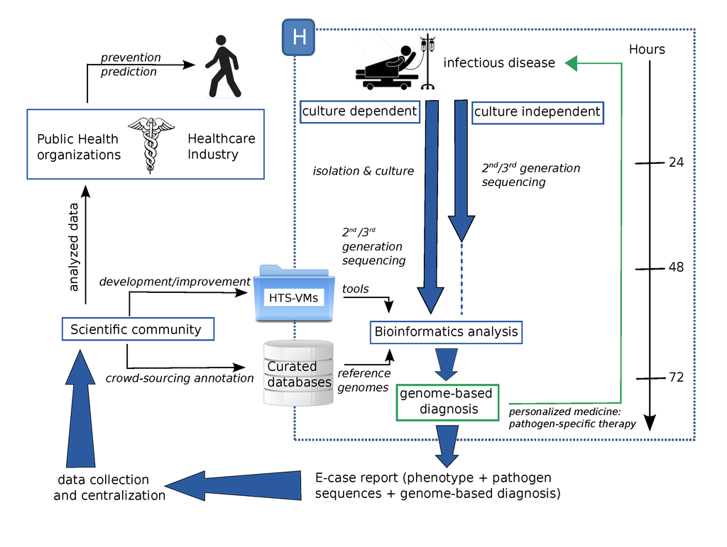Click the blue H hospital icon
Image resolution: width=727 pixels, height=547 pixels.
coord(298,37)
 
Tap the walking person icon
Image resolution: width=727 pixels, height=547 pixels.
coord(222,67)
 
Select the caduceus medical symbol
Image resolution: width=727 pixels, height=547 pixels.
coord(151,145)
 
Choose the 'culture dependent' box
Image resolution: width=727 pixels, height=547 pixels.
coord(359,111)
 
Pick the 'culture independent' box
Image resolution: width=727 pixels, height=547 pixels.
coord(537,111)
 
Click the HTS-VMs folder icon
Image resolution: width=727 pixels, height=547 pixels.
coord(293,292)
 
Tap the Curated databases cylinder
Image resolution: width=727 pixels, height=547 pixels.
coord(297,373)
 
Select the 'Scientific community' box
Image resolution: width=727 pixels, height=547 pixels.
coord(136,329)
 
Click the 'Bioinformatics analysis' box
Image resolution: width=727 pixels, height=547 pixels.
coord(447,331)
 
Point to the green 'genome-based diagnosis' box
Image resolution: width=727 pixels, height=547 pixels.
coord(446,402)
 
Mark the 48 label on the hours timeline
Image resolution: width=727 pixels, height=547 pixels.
coord(676,267)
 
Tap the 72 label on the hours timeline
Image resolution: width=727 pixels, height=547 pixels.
coord(676,377)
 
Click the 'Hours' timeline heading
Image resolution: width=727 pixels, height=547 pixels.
coord(647,49)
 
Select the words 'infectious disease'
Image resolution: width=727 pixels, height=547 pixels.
coord(499,63)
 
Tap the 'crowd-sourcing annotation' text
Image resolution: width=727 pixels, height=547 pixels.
coord(180,378)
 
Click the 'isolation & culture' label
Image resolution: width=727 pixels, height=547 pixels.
coord(363,171)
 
